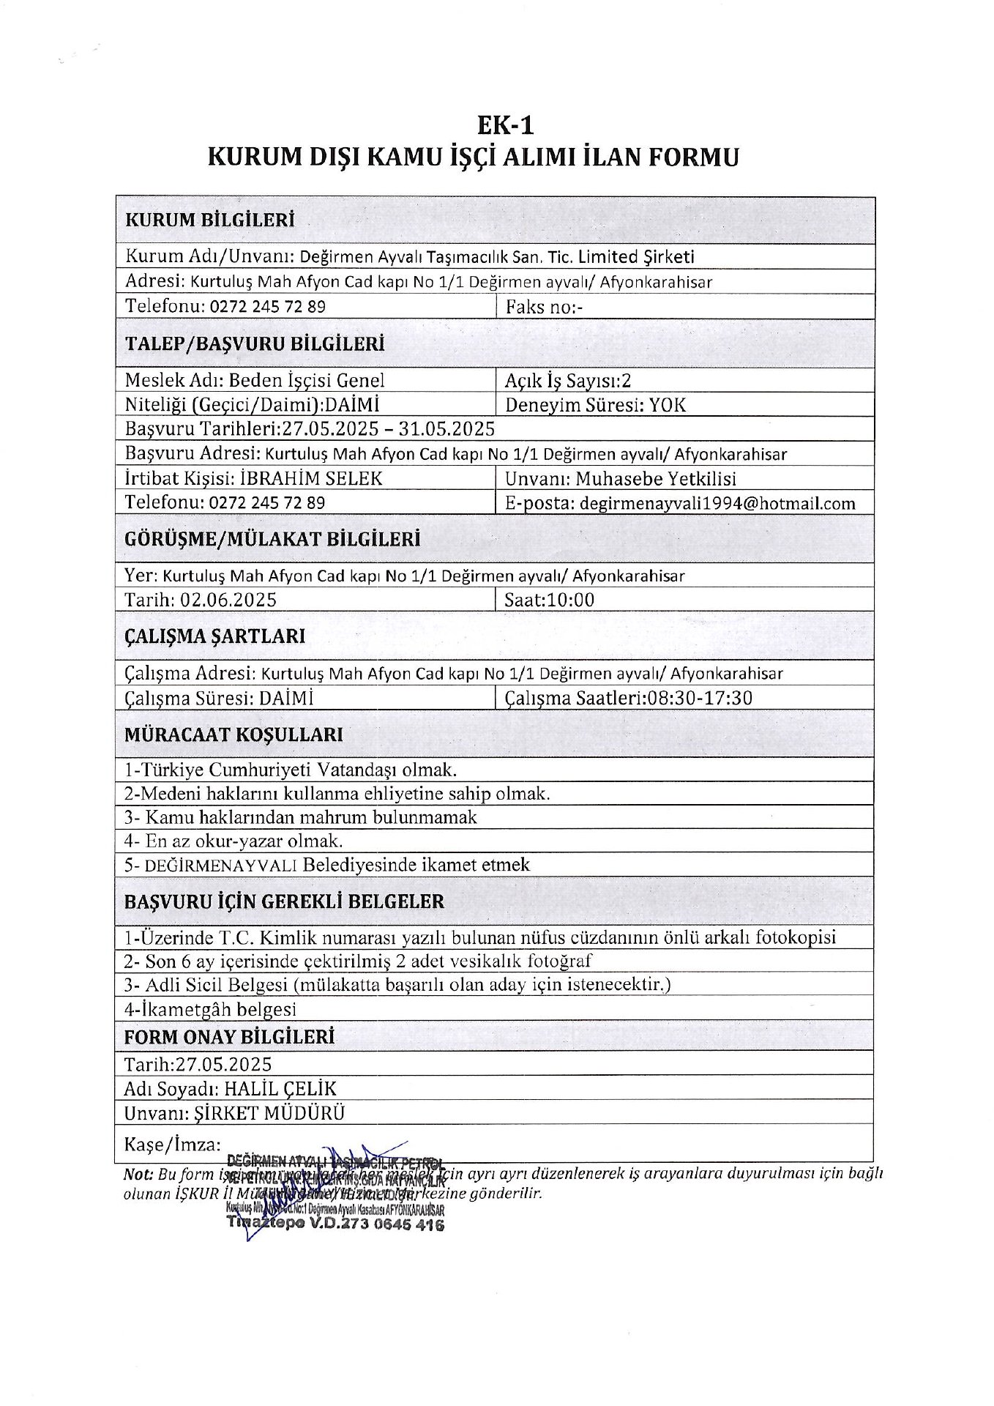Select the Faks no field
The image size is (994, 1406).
(544, 306)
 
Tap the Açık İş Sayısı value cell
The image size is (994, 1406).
(568, 380)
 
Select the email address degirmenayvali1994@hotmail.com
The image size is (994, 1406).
(717, 503)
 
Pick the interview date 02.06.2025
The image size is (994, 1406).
(228, 600)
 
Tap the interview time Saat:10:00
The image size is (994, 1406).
(550, 600)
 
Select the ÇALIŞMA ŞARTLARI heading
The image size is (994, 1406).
(214, 636)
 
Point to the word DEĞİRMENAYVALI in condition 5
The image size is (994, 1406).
(220, 865)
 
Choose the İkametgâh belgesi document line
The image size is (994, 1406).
(210, 1009)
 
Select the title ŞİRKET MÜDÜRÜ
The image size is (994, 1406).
(269, 1113)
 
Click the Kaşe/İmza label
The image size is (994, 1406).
(172, 1144)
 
